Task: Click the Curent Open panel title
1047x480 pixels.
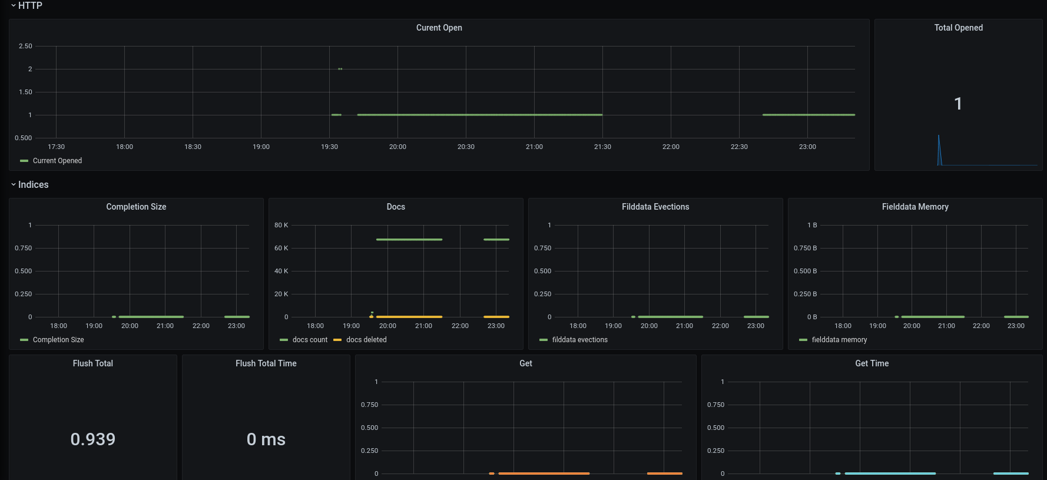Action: coord(439,28)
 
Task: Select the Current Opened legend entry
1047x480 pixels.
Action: coord(57,161)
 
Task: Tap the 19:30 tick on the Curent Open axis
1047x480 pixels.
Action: coord(329,147)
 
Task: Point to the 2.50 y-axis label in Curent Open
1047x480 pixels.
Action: coord(25,46)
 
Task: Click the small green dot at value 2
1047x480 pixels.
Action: coord(340,69)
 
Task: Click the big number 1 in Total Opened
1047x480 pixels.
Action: coord(958,104)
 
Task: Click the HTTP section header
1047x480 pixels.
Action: coord(30,6)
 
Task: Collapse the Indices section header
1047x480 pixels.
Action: coord(33,185)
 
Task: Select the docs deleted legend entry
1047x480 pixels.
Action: coord(366,340)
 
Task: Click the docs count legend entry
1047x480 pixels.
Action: coord(309,340)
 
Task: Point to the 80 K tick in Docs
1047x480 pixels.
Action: coord(281,225)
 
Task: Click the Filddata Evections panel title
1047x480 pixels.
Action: coord(655,207)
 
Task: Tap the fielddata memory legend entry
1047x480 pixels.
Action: coord(839,340)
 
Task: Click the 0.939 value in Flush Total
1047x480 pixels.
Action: coord(93,439)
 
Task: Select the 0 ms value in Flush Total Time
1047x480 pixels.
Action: coord(266,439)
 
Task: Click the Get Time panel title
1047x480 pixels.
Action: coord(872,363)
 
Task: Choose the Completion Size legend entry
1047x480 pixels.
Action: coord(58,340)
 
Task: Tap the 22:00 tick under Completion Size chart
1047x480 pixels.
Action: coord(201,326)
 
